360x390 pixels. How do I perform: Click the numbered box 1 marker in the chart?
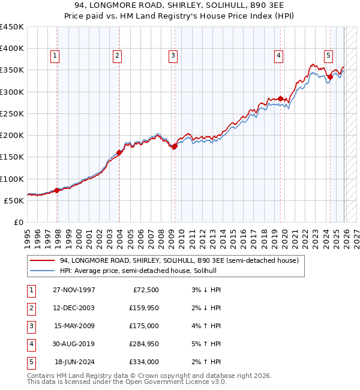point(55,56)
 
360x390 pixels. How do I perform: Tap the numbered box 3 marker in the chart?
point(173,56)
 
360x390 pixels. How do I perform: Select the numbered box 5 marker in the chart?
point(329,56)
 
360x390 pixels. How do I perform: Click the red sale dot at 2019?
point(280,98)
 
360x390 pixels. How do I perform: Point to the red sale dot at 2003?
point(119,152)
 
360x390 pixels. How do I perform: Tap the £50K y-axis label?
point(14,200)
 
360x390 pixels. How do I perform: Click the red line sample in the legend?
point(42,261)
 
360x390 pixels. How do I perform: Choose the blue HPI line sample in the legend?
point(42,271)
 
